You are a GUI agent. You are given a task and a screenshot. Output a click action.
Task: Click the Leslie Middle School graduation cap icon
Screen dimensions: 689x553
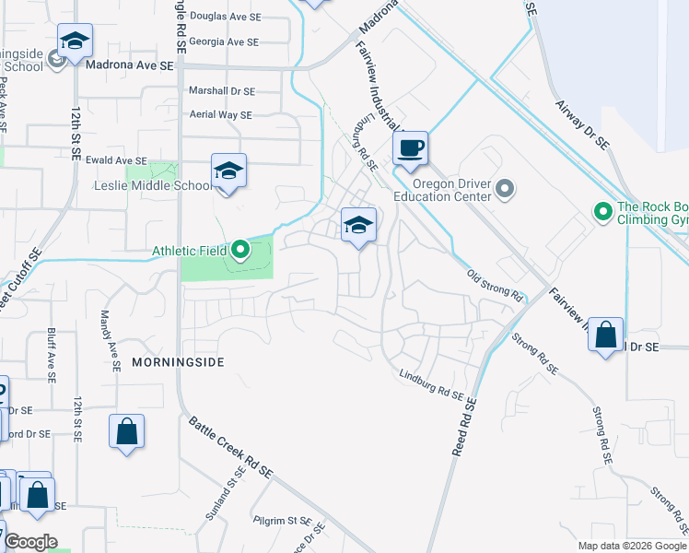(229, 171)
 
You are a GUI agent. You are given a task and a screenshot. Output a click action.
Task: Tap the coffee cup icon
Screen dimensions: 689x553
(412, 147)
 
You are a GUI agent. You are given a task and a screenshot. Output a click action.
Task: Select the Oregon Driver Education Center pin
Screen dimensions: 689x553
(503, 190)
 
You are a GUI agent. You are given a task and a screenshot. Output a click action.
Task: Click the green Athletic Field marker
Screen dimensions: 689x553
(240, 250)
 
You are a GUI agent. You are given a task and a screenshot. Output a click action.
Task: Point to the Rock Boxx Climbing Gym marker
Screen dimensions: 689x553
(603, 213)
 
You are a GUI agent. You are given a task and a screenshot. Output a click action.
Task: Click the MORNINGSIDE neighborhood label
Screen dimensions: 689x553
(178, 362)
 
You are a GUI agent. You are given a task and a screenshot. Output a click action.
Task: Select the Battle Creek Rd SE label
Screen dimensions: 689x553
(231, 447)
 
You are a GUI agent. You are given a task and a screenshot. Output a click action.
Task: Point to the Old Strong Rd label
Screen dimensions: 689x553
(495, 286)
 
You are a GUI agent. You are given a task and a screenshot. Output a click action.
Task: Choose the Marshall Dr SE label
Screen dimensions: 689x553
(221, 91)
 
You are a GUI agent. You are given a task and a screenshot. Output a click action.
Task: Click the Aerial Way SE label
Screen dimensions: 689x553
(220, 114)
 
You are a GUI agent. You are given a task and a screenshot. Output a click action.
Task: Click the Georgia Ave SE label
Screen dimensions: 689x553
(225, 41)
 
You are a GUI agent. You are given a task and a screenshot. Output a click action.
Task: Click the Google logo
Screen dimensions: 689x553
(29, 542)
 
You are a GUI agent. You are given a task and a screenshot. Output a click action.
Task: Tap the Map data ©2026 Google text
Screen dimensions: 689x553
(631, 546)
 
